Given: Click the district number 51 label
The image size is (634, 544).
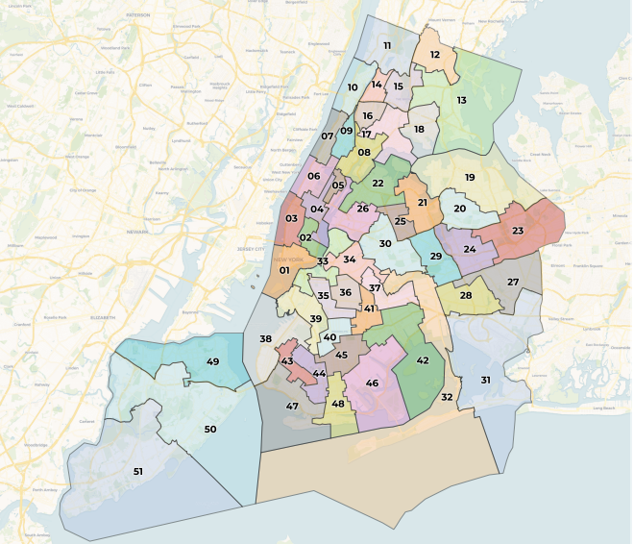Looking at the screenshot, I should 138,472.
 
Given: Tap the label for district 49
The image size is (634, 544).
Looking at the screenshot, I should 213,361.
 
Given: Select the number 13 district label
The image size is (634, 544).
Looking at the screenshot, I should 461,100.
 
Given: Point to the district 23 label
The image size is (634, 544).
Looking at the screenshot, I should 518,231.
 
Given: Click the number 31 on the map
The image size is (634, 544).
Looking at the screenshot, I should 486,381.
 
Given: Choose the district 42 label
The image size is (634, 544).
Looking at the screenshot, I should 423,360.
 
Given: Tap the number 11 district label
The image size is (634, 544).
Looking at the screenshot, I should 388,45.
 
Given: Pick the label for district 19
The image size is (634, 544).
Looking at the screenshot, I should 470,178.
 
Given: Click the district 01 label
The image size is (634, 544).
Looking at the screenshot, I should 284,270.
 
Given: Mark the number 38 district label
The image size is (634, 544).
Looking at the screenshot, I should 265,338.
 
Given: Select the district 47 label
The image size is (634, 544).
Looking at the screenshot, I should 292,407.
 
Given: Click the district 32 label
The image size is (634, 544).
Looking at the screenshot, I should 447,397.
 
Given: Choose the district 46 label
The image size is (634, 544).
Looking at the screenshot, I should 372,383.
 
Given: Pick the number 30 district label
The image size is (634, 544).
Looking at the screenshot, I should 385,244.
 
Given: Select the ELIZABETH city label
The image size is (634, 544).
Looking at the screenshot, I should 103,316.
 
